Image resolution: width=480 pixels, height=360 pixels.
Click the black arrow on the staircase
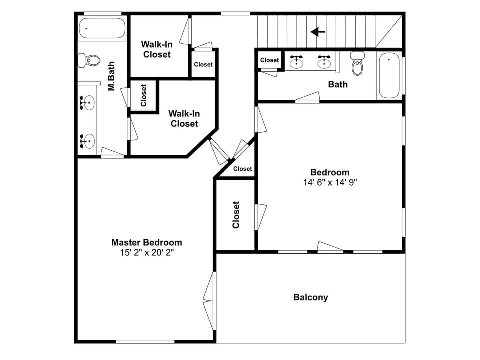(318, 32)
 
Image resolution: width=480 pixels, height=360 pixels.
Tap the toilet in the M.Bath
(89, 61)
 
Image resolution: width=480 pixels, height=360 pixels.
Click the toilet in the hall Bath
(357, 63)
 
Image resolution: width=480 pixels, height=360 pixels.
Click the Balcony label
(310, 297)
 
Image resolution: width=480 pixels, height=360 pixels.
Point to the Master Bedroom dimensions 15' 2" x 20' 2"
(146, 253)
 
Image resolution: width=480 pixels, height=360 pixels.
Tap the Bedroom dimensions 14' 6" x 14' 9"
(330, 182)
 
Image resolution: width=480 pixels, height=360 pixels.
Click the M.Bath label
(112, 76)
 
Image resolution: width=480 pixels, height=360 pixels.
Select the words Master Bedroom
(146, 242)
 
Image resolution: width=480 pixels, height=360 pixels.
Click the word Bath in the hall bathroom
(338, 84)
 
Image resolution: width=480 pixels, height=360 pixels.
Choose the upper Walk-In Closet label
(157, 49)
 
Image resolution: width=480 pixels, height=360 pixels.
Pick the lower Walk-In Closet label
(184, 118)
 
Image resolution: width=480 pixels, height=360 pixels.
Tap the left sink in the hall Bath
(297, 61)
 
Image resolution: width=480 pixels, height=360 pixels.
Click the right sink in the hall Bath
(324, 61)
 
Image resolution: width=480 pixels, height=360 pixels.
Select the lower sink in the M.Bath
(87, 141)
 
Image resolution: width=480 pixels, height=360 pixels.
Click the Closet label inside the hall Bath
(269, 60)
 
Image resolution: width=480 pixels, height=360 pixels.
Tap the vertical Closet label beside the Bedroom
(236, 215)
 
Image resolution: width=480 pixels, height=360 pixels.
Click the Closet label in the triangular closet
(243, 169)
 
